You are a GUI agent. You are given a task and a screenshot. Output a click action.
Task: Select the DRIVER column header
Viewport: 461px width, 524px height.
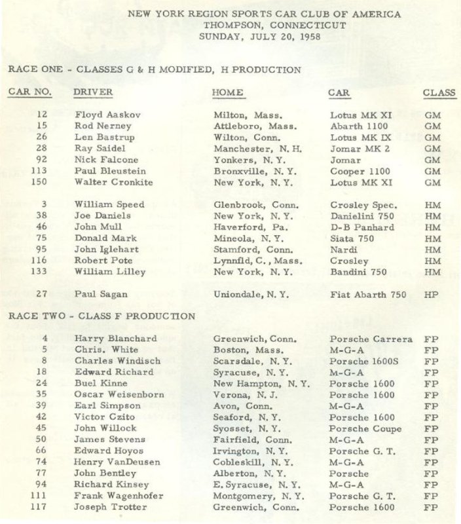coord(93,92)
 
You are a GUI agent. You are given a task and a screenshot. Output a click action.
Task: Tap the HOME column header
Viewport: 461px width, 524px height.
coord(228,92)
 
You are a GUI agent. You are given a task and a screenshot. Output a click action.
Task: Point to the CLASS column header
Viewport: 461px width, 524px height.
coord(439,92)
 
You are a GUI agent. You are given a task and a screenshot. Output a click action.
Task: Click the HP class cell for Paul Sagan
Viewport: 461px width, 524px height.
coord(431,294)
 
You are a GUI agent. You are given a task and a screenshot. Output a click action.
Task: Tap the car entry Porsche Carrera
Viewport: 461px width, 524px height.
coord(371,339)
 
